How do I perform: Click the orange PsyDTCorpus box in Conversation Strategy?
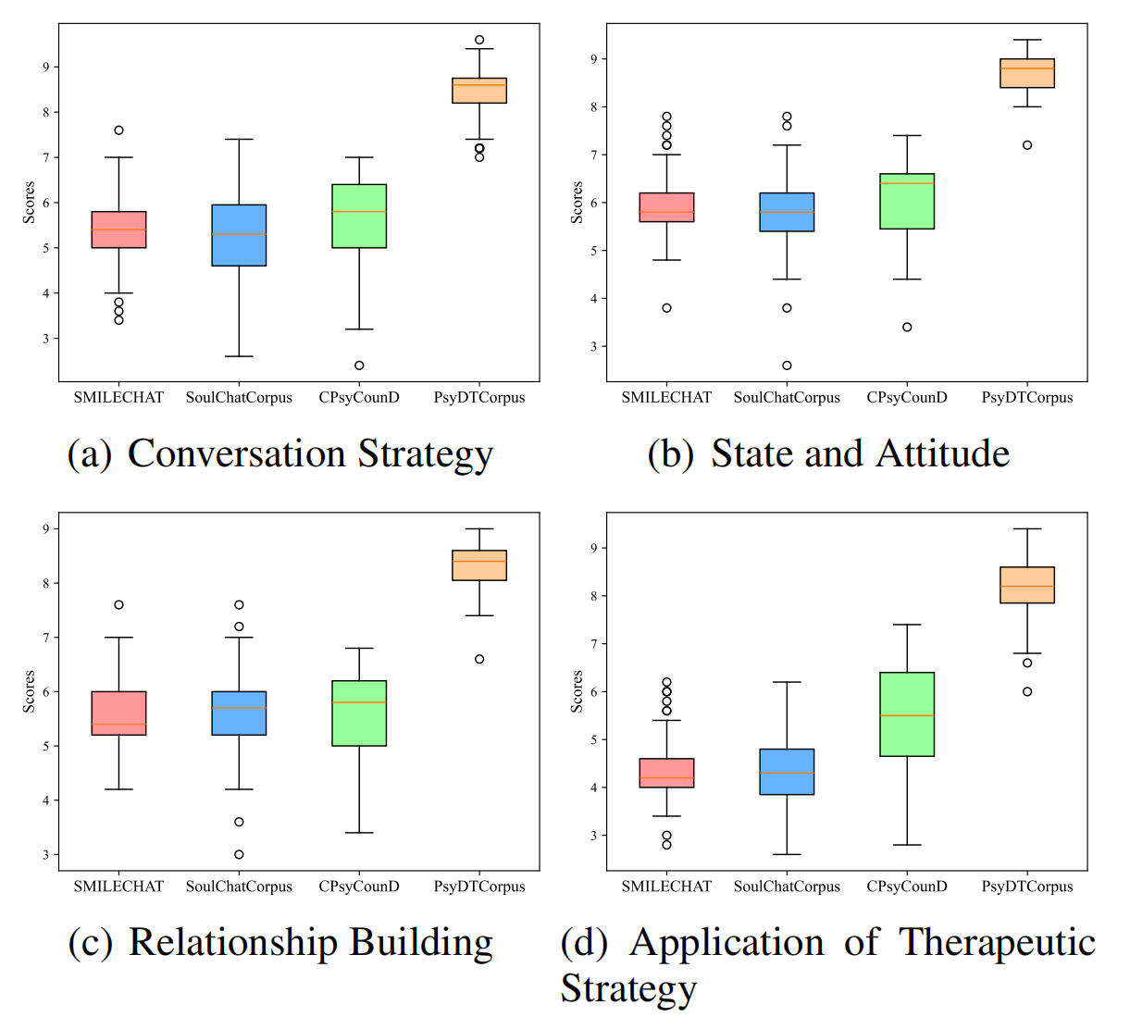click(x=479, y=90)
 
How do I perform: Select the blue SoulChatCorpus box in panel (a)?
click(x=239, y=235)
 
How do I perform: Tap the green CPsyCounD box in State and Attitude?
click(x=907, y=201)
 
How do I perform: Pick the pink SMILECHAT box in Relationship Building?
click(x=118, y=713)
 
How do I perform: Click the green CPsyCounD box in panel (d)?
click(x=907, y=713)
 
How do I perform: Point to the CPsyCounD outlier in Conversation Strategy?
click(x=359, y=366)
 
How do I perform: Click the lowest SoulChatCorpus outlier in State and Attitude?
click(x=787, y=366)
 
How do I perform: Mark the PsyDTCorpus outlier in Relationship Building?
click(x=479, y=659)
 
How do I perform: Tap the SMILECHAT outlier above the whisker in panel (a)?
click(x=118, y=130)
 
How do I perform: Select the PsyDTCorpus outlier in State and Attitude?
click(x=1027, y=144)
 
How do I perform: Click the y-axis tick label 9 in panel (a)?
click(x=46, y=67)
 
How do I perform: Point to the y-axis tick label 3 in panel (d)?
click(x=594, y=835)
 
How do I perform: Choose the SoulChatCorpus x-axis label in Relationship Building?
click(x=239, y=887)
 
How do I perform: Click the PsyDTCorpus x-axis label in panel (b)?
click(x=1027, y=398)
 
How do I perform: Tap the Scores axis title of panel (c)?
click(x=29, y=691)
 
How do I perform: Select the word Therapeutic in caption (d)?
click(x=997, y=942)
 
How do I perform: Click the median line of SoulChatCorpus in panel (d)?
click(x=787, y=773)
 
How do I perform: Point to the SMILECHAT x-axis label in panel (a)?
click(x=118, y=398)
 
